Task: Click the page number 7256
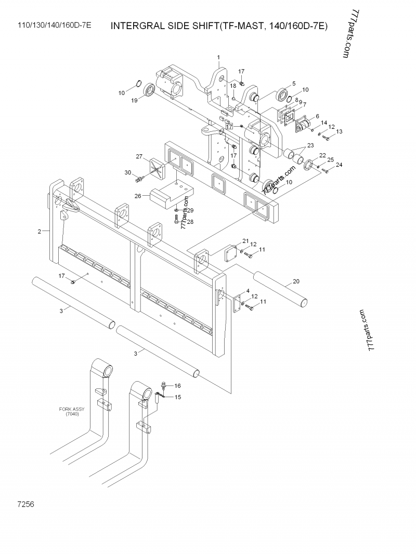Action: (25, 504)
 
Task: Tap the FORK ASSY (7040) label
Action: (72, 412)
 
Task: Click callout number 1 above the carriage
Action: (218, 57)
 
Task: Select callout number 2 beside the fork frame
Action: (40, 232)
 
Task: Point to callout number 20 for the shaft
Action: (296, 281)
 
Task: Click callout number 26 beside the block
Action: (138, 196)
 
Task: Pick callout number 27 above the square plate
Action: (139, 156)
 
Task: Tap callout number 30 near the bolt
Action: (128, 173)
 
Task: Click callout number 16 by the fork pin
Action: (177, 386)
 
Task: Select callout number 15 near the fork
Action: (177, 397)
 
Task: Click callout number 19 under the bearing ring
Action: (135, 101)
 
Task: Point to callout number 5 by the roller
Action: (294, 84)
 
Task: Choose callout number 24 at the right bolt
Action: (339, 165)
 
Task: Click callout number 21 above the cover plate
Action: (245, 241)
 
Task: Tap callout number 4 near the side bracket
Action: (248, 291)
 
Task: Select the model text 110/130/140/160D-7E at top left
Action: (55, 25)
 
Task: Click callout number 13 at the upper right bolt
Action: (339, 131)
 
